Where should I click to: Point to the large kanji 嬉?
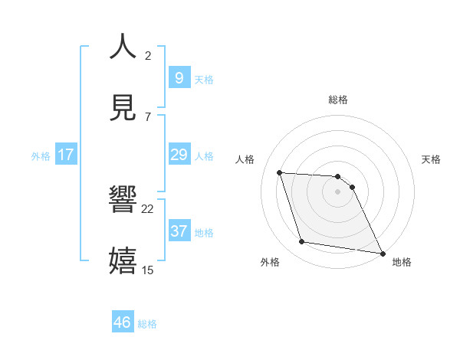click(x=123, y=260)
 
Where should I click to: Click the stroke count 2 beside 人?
click(x=148, y=55)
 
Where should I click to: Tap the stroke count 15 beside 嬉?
click(x=148, y=270)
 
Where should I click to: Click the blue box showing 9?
click(x=179, y=78)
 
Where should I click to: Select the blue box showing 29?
click(x=179, y=155)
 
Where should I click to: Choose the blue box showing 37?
click(x=179, y=231)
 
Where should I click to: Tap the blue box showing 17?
click(x=66, y=155)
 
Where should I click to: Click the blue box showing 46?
click(x=122, y=322)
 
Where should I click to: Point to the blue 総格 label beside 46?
click(x=147, y=324)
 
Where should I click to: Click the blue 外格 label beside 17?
click(x=41, y=156)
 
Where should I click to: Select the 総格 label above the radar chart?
click(x=338, y=100)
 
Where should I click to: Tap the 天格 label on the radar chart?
click(x=432, y=159)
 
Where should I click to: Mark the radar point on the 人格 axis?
click(x=280, y=172)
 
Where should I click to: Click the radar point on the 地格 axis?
click(x=381, y=252)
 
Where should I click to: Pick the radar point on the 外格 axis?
click(x=302, y=242)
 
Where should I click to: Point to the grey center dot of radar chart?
click(x=337, y=191)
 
